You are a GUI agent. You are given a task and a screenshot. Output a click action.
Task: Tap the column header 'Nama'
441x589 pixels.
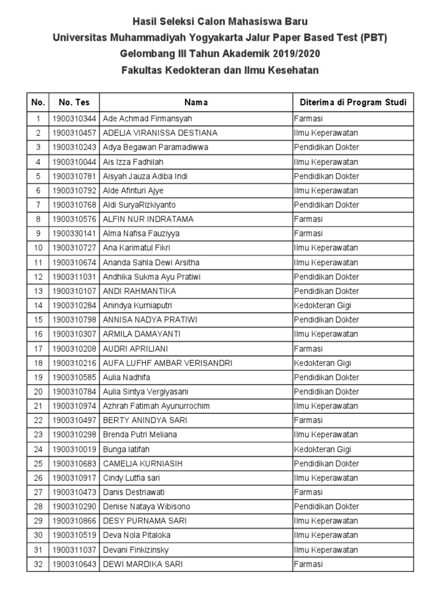[196, 102]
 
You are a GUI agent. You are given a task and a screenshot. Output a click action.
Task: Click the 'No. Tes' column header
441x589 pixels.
[73, 102]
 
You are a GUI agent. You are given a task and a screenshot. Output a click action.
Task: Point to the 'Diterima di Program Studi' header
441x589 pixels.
[353, 102]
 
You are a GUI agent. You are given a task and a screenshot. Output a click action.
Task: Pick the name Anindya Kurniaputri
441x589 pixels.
[137, 305]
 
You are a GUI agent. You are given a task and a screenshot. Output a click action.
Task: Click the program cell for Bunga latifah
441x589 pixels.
[323, 449]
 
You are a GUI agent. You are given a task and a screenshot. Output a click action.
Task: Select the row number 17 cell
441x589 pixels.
[38, 349]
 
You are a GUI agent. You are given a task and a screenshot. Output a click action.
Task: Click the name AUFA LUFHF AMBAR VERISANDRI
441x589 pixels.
[168, 363]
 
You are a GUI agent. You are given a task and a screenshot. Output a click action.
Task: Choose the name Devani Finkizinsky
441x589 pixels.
[136, 550]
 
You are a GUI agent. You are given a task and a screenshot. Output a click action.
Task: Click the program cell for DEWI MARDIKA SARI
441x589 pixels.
[308, 564]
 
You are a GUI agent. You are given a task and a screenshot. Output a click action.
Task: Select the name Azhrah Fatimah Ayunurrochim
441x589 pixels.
[156, 406]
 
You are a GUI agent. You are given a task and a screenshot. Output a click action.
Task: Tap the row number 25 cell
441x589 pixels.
[38, 464]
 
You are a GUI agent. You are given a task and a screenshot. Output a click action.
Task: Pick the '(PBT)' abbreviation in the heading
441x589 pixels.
[374, 38]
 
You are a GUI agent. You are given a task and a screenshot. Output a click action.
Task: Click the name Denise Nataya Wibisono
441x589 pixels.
[146, 507]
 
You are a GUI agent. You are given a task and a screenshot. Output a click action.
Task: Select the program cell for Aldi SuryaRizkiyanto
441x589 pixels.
[327, 205]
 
